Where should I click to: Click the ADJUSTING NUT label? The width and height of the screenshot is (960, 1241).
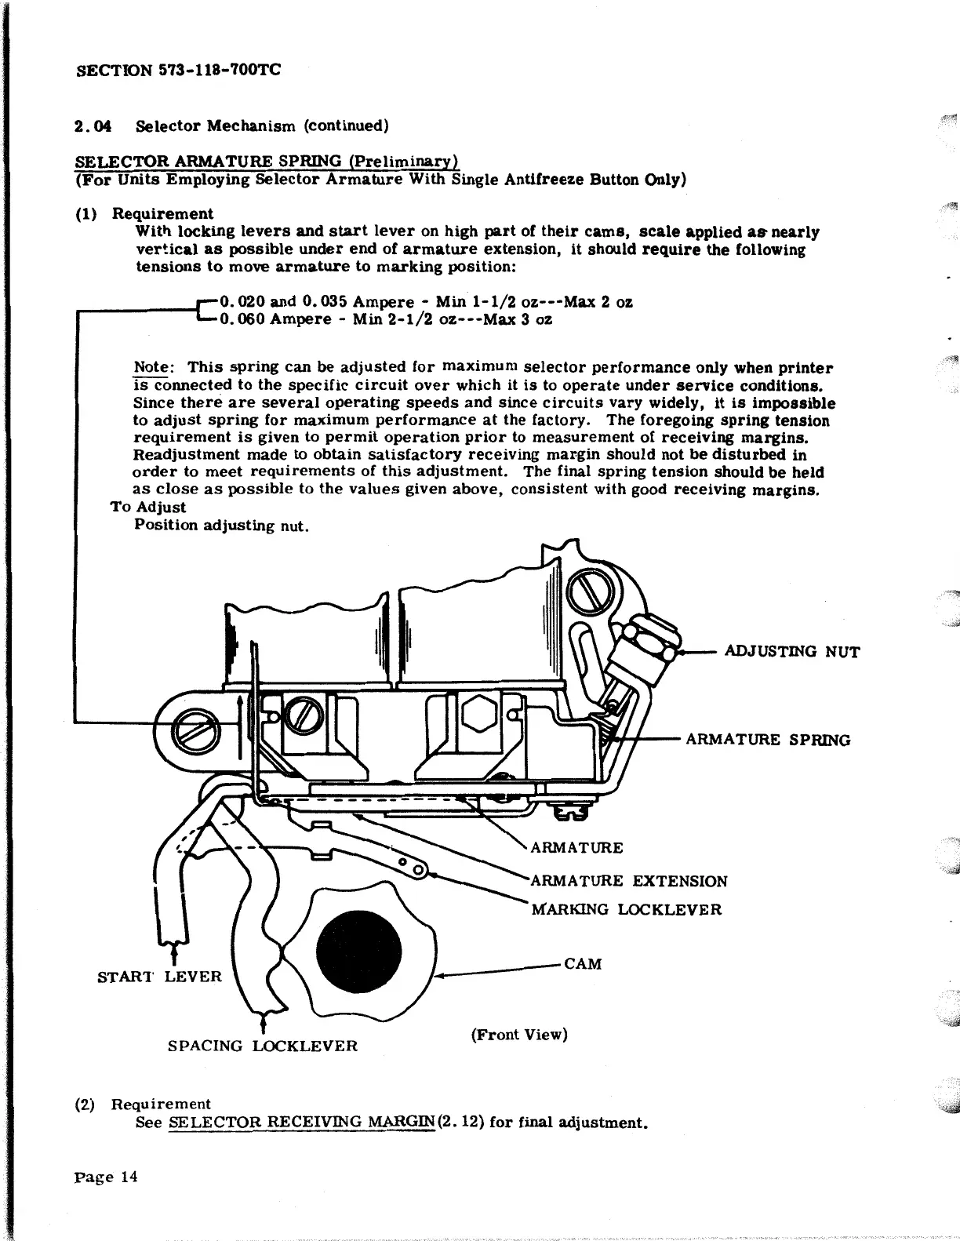791,652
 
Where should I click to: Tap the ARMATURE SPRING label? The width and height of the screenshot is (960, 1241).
768,740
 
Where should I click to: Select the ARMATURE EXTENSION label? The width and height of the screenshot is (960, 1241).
629,881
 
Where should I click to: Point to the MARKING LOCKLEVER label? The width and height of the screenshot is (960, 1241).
627,910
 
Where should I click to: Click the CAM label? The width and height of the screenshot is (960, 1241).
583,964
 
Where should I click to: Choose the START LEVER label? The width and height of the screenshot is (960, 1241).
159,977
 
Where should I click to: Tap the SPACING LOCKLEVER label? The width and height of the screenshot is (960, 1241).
263,1046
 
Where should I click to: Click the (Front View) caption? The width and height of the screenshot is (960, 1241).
519,1034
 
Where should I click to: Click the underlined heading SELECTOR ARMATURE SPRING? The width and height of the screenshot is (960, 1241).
207,162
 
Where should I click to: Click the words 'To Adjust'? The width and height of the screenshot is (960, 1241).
149,508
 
